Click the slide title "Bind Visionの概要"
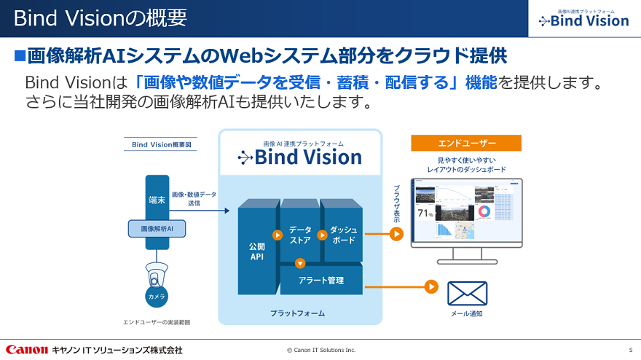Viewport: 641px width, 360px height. pyautogui.click(x=100, y=17)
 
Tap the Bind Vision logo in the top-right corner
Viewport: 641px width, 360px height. pyautogui.click(x=583, y=19)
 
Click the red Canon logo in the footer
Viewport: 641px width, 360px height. pyautogui.click(x=27, y=350)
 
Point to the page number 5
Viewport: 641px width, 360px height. pyautogui.click(x=631, y=351)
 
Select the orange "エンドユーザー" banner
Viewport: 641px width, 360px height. pyautogui.click(x=466, y=144)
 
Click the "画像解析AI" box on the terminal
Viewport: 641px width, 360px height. pyautogui.click(x=157, y=229)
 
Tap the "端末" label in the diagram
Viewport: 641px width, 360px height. pyautogui.click(x=157, y=199)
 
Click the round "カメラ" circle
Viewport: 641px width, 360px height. pyautogui.click(x=157, y=296)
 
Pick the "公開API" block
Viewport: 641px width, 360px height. pyautogui.click(x=256, y=251)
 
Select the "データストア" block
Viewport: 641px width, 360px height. pyautogui.click(x=300, y=235)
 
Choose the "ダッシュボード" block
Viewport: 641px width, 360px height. pyautogui.click(x=342, y=235)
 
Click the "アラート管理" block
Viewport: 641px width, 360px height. pyautogui.click(x=321, y=280)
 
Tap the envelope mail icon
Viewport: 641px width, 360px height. pyautogui.click(x=467, y=293)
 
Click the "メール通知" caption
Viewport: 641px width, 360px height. pyautogui.click(x=467, y=314)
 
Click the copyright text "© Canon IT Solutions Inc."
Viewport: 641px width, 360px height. pyautogui.click(x=321, y=351)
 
